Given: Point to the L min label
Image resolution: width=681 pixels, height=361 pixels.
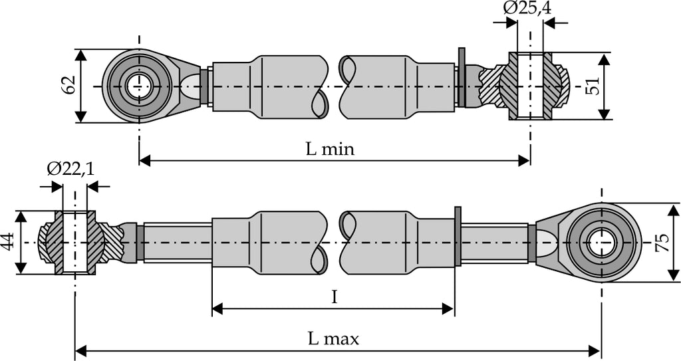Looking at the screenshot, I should [x=330, y=149].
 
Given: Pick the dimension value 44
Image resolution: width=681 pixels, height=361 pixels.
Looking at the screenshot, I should [x=8, y=242].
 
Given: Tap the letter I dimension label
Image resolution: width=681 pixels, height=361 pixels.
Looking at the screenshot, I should [x=335, y=297].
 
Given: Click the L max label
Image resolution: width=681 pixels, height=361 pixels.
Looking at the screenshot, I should [x=333, y=338].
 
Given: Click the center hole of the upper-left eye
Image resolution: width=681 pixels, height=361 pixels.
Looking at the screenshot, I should [x=139, y=86].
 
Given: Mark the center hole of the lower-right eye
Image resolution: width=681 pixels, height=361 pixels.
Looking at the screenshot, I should [x=601, y=242].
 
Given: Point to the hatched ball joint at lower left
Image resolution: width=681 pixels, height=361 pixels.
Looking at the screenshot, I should [x=75, y=243].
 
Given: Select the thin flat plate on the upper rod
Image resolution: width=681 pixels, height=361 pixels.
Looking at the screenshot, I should [x=462, y=77].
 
